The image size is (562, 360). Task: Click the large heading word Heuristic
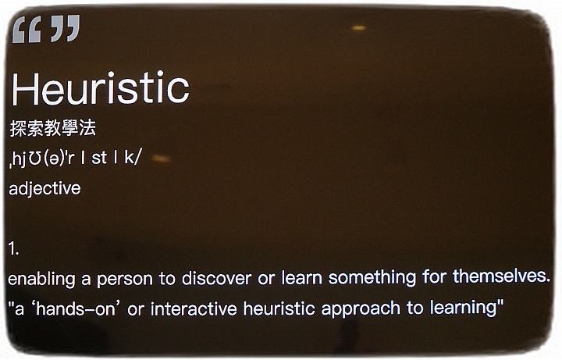101,87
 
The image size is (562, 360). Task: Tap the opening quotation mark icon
27,30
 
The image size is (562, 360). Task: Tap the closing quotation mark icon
66,28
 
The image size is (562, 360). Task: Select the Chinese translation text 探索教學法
53,128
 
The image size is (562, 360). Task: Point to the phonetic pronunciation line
75,158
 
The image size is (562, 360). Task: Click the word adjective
44,189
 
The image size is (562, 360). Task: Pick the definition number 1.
13,248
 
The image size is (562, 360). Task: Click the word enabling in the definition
41,280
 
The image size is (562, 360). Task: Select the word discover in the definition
216,278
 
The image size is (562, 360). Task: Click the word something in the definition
372,277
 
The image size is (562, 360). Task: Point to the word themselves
501,276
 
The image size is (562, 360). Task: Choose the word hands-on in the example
76,308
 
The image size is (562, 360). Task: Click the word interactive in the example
194,308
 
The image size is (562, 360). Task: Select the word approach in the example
360,309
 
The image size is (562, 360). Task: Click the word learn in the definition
301,277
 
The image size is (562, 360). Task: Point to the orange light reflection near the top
358,27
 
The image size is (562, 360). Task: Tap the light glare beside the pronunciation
162,158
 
